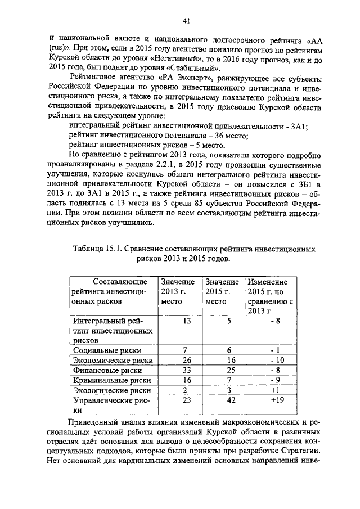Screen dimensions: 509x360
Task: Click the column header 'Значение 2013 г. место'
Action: pos(178,291)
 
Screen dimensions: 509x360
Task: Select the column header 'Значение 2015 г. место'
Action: pos(222,291)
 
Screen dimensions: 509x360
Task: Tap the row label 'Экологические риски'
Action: pos(111,390)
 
